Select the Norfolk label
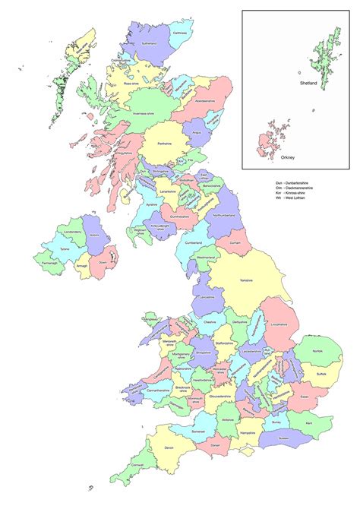[x=319, y=351]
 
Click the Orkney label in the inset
[x=286, y=158]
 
